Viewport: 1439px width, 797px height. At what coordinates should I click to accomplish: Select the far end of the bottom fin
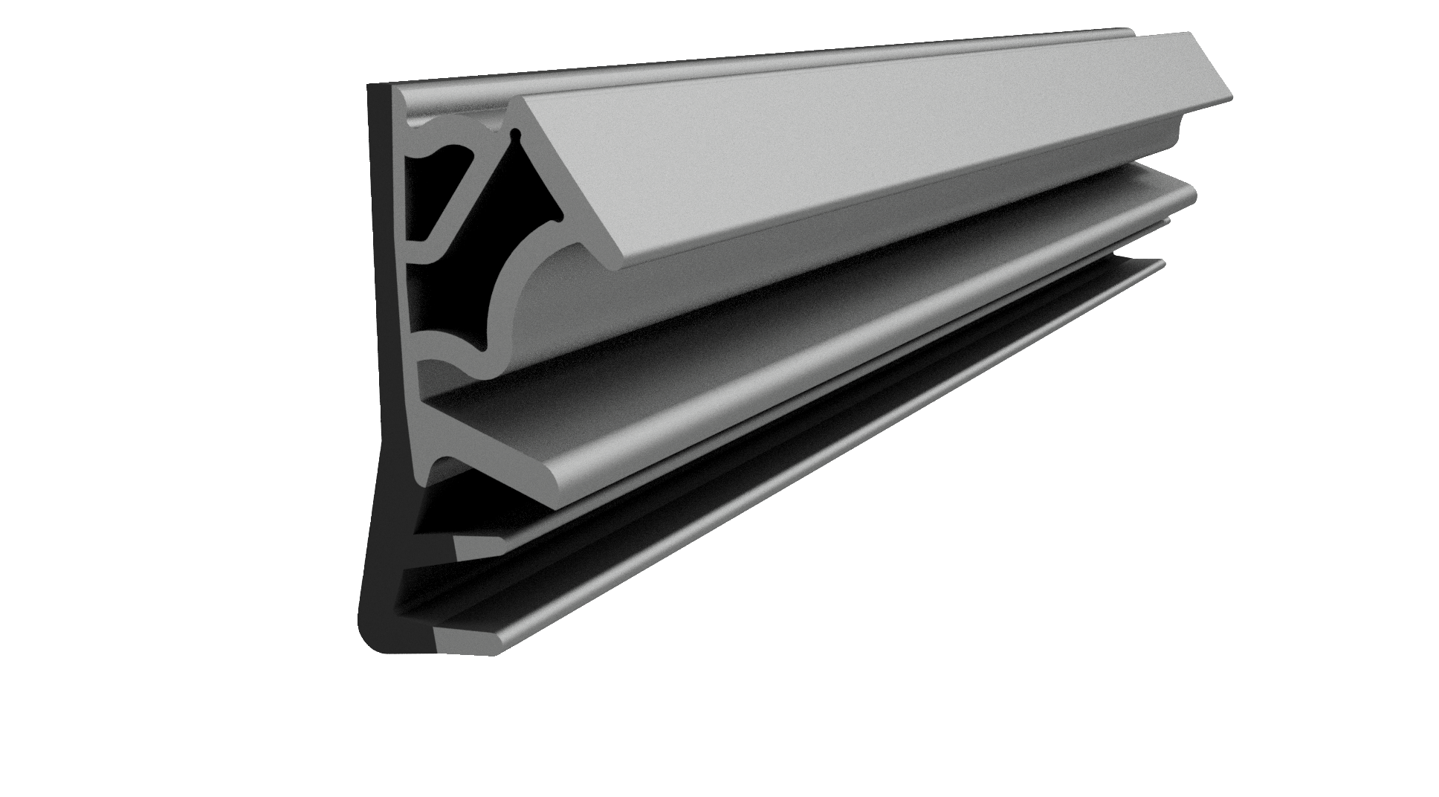click(x=1161, y=262)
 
